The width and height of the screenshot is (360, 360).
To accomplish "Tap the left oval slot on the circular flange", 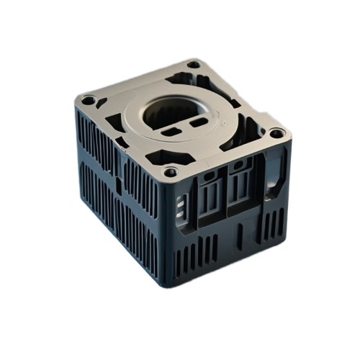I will (x=172, y=132).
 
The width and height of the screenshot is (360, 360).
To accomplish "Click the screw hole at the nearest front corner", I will (x=171, y=172).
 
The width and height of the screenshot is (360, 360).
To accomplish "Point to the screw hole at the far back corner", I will (x=193, y=65).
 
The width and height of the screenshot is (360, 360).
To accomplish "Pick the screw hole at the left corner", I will (x=88, y=100).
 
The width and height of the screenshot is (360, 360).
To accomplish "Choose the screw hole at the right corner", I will (x=276, y=132).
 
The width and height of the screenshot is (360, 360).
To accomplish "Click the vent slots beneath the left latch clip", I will (x=199, y=252).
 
